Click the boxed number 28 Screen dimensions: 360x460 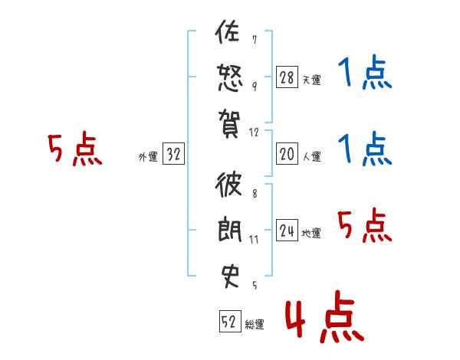(286, 77)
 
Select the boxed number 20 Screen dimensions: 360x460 (286, 155)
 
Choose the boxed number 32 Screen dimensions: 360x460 (173, 155)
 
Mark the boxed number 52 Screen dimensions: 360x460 (229, 322)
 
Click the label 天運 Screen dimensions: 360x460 (311, 80)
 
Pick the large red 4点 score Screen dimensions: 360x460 (323, 319)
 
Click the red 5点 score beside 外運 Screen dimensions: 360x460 (74, 149)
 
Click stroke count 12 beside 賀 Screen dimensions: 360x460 (255, 133)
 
